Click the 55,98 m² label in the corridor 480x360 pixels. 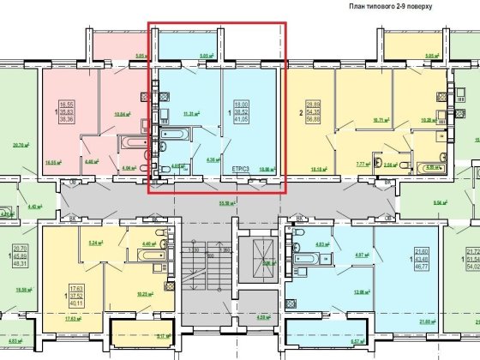tap(227, 203)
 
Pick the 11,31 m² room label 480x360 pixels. tap(190, 113)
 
